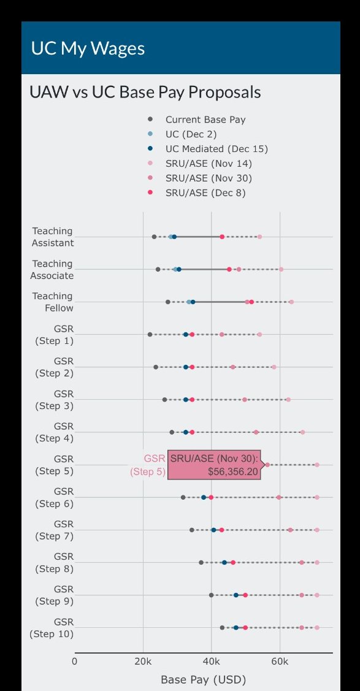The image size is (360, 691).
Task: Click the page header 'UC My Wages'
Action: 88,48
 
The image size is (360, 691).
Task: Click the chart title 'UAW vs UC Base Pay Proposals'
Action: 145,93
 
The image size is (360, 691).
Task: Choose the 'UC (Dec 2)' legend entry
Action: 191,134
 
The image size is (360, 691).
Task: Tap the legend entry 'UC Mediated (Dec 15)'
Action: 216,149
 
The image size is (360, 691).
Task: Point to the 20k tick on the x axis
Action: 143,661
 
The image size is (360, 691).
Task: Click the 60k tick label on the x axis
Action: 280,661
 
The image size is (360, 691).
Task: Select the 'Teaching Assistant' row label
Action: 53,237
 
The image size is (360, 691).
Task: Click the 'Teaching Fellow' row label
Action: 53,302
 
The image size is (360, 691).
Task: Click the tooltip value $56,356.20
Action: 233,471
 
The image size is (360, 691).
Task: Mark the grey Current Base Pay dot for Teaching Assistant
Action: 154,237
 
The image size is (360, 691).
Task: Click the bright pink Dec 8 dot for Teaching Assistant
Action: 222,237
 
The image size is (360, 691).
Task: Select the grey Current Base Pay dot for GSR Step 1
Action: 150,334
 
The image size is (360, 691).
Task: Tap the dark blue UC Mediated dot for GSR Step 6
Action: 204,497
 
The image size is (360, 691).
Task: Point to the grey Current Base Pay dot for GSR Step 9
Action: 211,595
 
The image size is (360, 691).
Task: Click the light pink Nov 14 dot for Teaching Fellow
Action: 291,302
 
